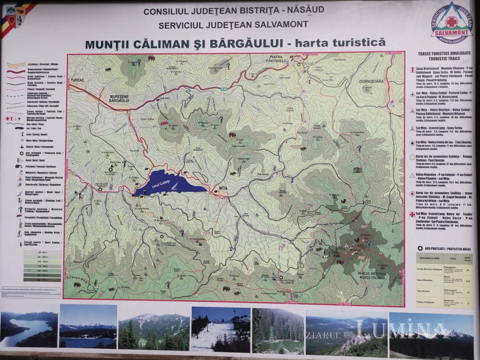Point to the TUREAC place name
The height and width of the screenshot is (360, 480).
coord(77,81)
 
